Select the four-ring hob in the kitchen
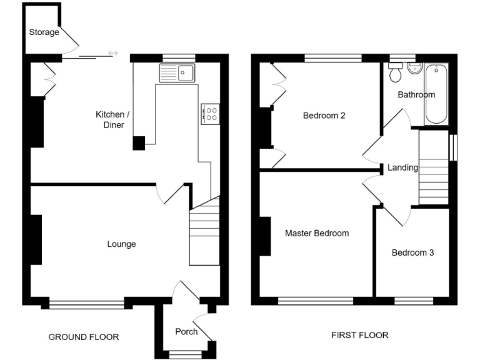(210, 113)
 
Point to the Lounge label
(121, 244)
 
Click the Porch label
(186, 331)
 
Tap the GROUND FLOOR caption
(84, 337)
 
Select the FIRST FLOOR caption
(359, 335)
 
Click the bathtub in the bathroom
(436, 94)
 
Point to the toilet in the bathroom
(395, 73)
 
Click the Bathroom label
(416, 95)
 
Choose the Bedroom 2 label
(324, 116)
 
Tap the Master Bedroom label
(317, 233)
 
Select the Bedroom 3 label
(412, 253)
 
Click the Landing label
(403, 167)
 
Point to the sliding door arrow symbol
(112, 53)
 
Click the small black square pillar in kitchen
(139, 143)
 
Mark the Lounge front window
(87, 304)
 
